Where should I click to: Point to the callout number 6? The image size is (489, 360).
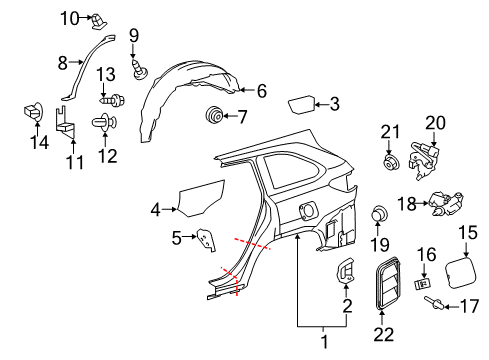pos(261,91)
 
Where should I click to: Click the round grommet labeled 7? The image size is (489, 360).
pos(212,116)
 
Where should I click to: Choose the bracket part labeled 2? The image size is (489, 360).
pos(345,269)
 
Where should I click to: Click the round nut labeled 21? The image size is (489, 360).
pos(388,162)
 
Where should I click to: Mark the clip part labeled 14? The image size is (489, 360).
pos(30,114)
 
